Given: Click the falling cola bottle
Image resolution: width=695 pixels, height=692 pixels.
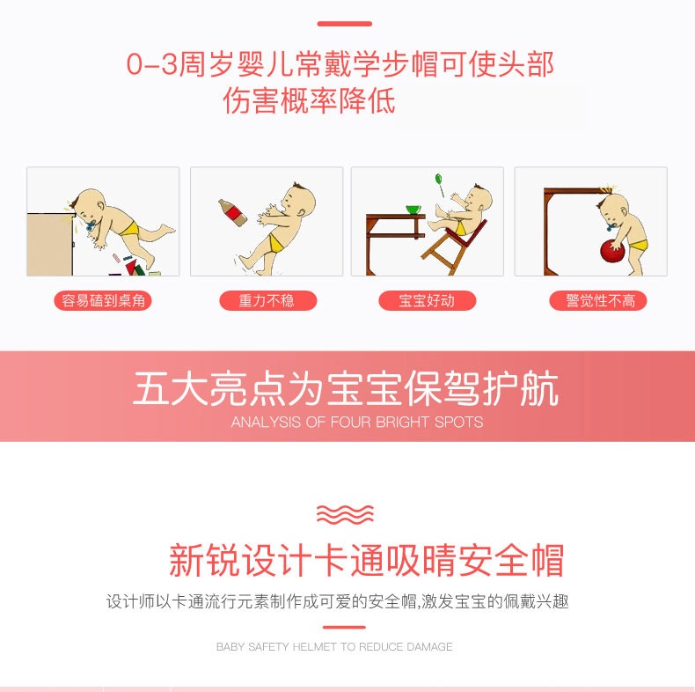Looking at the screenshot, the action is pyautogui.click(x=232, y=212).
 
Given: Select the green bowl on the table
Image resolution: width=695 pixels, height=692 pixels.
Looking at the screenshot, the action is pyautogui.click(x=413, y=209).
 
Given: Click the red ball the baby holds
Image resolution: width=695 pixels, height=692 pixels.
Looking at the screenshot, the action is pyautogui.click(x=612, y=251).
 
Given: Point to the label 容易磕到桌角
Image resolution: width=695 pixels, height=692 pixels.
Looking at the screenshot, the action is pyautogui.click(x=103, y=301).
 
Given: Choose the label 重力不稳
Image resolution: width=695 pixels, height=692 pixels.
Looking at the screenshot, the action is pyautogui.click(x=267, y=301).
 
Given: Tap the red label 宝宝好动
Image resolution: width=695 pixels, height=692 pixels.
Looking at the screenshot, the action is pyautogui.click(x=427, y=301).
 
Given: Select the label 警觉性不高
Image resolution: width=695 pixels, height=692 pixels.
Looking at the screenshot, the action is pyautogui.click(x=598, y=301).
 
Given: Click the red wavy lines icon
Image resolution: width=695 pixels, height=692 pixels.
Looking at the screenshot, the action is pyautogui.click(x=345, y=514).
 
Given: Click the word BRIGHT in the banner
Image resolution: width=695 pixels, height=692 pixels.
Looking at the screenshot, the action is pyautogui.click(x=402, y=422).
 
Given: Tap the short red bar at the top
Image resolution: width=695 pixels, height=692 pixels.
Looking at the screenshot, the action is pyautogui.click(x=344, y=24).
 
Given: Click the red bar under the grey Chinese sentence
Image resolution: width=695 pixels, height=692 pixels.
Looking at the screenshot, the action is pyautogui.click(x=344, y=627).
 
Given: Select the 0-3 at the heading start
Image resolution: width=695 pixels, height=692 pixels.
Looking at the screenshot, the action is pyautogui.click(x=151, y=64).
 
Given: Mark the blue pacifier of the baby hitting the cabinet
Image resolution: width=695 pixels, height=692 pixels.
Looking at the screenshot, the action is pyautogui.click(x=91, y=225).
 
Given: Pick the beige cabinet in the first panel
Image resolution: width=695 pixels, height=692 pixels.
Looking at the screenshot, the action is pyautogui.click(x=49, y=245).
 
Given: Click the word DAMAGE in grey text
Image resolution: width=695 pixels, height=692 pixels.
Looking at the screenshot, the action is pyautogui.click(x=429, y=647).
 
